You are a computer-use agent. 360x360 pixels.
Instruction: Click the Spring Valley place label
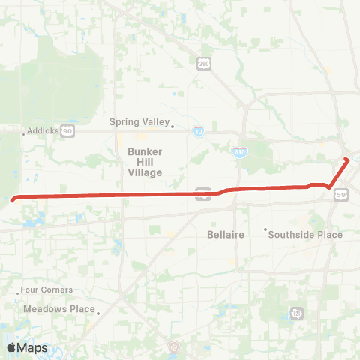(139, 122)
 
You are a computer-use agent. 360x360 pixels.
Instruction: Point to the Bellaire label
(226, 235)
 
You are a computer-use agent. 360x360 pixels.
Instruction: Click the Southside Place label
(307, 235)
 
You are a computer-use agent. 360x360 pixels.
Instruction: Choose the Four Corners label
(47, 289)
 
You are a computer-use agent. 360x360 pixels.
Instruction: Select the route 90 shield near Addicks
(67, 130)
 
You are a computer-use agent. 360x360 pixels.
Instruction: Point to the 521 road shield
(297, 312)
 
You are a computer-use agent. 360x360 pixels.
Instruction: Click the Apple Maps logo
(27, 346)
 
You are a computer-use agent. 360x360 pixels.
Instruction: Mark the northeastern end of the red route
(346, 160)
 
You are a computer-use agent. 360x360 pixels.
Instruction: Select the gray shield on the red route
(200, 193)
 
